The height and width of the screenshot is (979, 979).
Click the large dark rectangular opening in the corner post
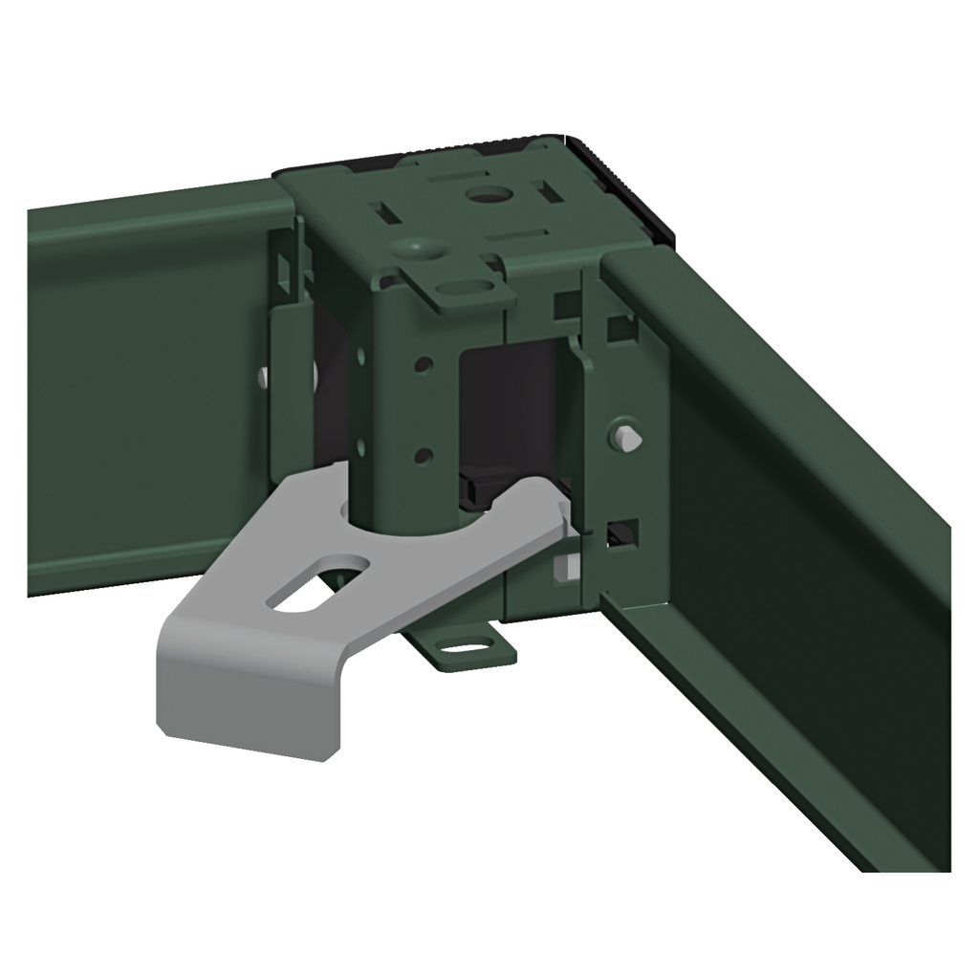point(507,402)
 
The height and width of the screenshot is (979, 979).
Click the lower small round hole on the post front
point(424,455)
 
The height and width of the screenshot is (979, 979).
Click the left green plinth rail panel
point(143,382)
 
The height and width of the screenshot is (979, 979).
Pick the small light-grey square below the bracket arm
point(566,566)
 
